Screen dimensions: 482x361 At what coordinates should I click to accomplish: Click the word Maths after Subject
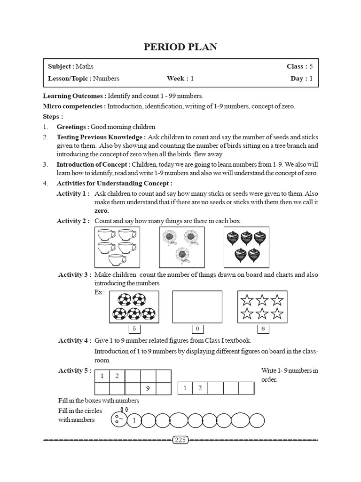click(x=85, y=66)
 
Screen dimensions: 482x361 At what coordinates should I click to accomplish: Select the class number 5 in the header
click(x=311, y=66)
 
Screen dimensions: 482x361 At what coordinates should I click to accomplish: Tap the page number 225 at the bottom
click(x=180, y=440)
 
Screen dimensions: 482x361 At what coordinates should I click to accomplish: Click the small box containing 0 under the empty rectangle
click(x=197, y=329)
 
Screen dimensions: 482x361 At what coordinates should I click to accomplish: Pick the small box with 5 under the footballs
click(x=134, y=329)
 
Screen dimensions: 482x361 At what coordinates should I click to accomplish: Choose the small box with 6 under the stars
click(x=263, y=329)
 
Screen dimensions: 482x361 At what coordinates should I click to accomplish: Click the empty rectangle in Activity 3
click(x=197, y=307)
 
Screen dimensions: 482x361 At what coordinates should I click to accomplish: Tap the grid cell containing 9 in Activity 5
click(x=148, y=389)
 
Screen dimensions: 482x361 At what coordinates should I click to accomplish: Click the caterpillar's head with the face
click(x=119, y=418)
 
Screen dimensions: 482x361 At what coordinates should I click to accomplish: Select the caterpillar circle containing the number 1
click(x=134, y=420)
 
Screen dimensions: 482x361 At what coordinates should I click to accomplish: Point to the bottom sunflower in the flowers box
click(x=181, y=256)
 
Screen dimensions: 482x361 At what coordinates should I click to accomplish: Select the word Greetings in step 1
click(x=72, y=127)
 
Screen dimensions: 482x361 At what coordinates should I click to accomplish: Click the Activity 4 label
click(x=74, y=340)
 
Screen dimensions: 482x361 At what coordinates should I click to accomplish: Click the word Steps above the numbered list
click(x=53, y=116)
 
